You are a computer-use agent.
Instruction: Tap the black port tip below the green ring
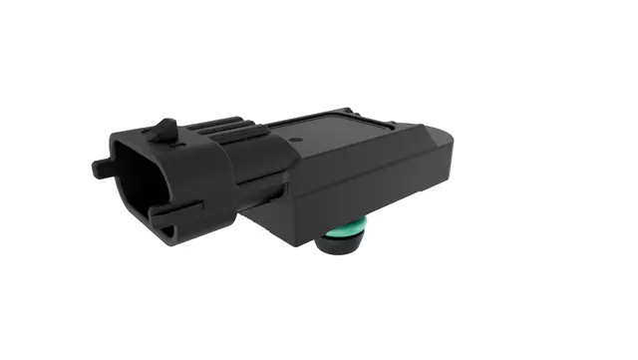click(x=342, y=250)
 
